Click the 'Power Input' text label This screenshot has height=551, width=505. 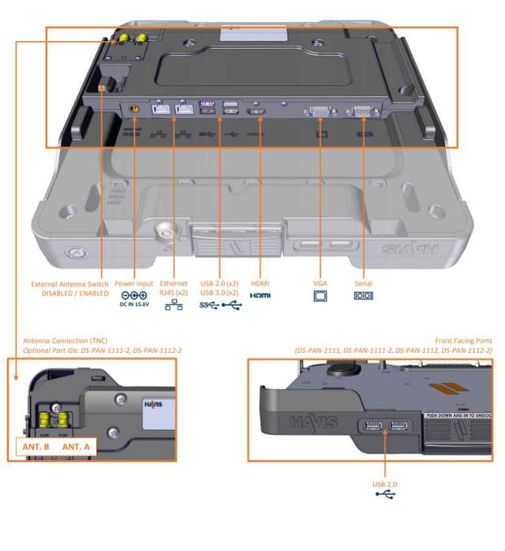[135, 283]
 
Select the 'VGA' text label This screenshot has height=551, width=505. [320, 283]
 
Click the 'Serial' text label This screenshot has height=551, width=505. [364, 283]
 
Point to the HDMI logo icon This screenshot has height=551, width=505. [260, 296]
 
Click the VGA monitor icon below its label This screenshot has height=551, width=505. [320, 296]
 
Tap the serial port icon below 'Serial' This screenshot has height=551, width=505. [364, 296]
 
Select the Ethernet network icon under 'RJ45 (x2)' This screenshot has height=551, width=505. [174, 306]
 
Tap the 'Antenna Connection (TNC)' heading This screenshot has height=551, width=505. [67, 341]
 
